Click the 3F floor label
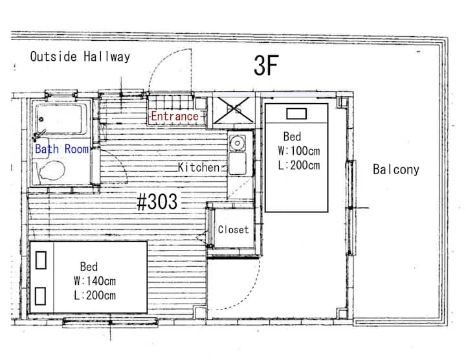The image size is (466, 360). pos(266,65)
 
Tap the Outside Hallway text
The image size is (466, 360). pos(80,56)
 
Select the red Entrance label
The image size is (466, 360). pos(175,116)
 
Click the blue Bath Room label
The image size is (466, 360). pos(62,149)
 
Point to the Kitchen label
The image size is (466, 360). pos(199,167)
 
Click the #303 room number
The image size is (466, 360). pos(157,201)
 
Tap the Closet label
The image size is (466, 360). pos(233,229)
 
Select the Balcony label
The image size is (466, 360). pos(396,170)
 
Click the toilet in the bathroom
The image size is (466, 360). pos(51,170)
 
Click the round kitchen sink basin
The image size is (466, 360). pos(237,143)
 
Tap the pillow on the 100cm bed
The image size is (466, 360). pos(296,114)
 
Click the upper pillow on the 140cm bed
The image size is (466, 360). pos(41,260)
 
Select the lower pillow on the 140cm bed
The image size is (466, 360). pos(40,296)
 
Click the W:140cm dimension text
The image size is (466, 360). pos(94,281)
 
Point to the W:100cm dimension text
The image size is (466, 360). pos(299,151)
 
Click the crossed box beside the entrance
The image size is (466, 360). pos(234,111)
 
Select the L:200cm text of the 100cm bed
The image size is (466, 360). pos(299,165)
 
